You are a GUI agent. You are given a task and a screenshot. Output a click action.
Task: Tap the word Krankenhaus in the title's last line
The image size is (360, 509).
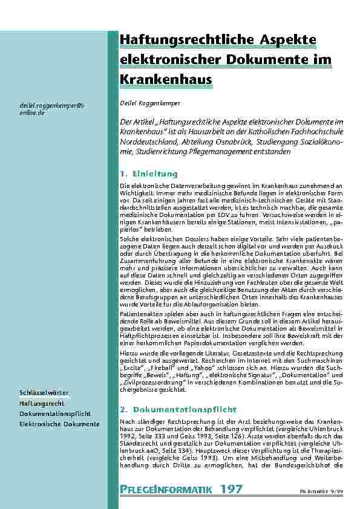pyautogui.click(x=166, y=79)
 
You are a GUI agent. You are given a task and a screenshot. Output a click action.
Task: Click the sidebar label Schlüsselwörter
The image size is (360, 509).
pyautogui.click(x=44, y=394)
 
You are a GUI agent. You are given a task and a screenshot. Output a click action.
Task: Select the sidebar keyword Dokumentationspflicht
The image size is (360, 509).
pyautogui.click(x=54, y=413)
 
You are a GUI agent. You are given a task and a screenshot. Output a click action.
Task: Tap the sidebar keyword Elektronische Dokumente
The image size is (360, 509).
pyautogui.click(x=59, y=424)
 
